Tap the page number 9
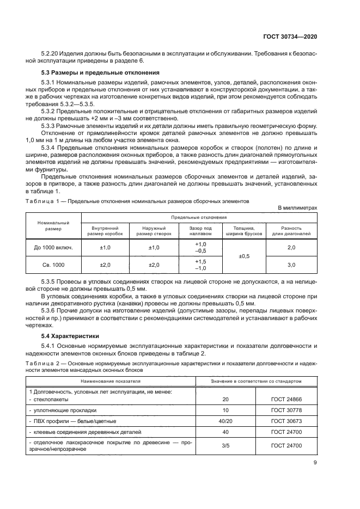tap(315, 463)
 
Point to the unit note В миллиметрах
tap(297, 208)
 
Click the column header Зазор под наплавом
tap(200, 231)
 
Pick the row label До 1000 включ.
tap(54, 248)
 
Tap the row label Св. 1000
tap(54, 265)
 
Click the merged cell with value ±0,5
tap(243, 256)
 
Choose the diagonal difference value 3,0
tap(291, 265)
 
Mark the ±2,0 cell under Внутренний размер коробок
tap(105, 265)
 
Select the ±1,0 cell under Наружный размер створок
tap(154, 248)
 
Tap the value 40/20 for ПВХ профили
tap(225, 421)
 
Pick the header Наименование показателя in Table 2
tap(111, 381)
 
